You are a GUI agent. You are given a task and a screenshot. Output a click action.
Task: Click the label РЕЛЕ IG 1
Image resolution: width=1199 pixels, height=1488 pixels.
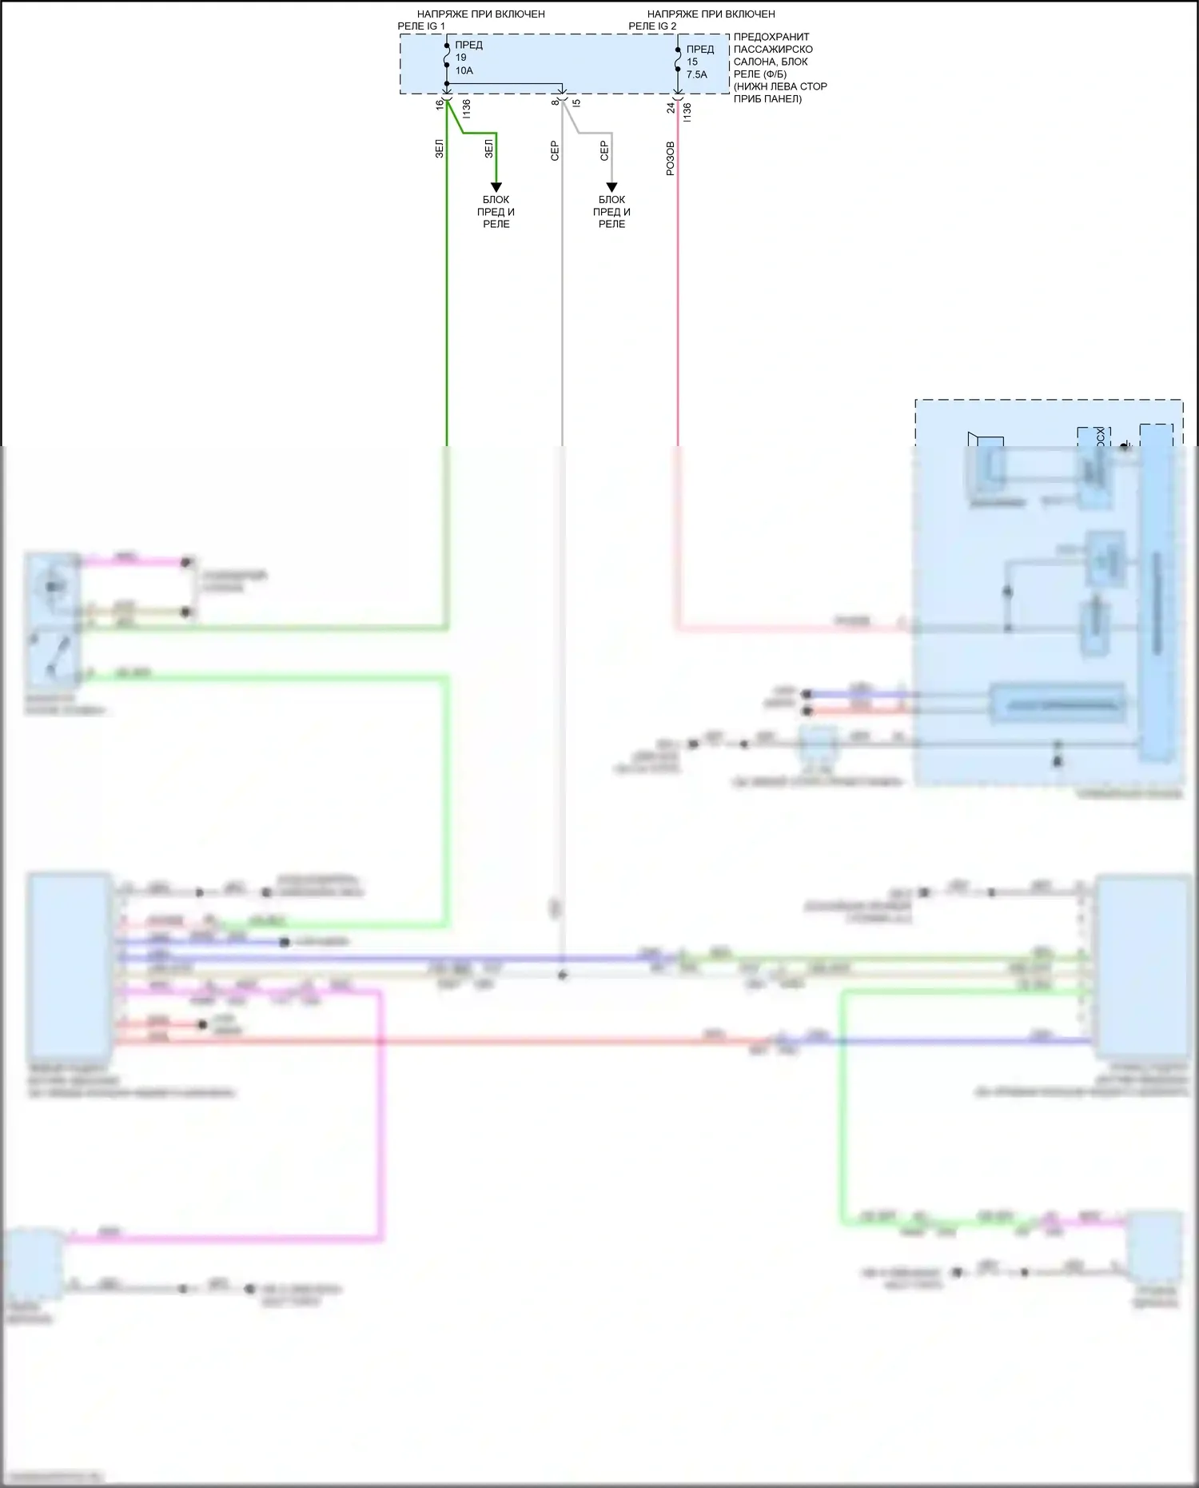[421, 26]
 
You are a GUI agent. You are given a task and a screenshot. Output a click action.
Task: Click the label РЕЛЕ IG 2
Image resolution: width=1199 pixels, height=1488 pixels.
[652, 26]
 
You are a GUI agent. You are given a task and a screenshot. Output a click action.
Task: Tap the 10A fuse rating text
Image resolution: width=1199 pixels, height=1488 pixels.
[464, 70]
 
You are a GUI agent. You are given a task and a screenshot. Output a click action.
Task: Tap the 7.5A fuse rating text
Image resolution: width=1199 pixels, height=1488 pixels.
[696, 74]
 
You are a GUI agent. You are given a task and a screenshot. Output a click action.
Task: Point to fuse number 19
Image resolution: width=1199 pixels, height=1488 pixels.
[461, 58]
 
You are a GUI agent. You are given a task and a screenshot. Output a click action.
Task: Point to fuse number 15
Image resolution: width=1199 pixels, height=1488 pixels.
[692, 62]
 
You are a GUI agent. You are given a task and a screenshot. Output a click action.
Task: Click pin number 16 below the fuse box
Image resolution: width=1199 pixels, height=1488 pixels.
[440, 104]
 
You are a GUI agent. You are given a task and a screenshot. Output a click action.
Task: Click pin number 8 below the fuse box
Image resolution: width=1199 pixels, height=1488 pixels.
[555, 102]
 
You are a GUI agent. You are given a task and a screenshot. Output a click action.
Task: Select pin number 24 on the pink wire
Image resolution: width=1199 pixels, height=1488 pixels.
[671, 107]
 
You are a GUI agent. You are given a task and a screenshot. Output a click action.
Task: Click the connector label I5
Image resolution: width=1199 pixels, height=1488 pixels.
[577, 102]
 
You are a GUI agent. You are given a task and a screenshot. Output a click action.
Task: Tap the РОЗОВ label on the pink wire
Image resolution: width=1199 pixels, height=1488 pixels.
[670, 158]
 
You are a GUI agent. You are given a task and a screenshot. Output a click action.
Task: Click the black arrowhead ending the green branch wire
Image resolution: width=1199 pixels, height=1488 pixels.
[496, 188]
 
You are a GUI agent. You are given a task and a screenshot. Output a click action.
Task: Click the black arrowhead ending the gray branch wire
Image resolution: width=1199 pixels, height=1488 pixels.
[611, 188]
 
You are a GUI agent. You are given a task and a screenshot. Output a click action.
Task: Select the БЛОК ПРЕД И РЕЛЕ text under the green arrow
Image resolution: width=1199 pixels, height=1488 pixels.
[496, 212]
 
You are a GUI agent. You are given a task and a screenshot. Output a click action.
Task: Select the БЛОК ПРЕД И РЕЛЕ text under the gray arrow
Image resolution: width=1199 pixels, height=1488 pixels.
[611, 212]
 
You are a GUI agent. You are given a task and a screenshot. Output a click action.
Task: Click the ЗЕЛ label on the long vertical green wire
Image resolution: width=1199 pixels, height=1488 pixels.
[439, 149]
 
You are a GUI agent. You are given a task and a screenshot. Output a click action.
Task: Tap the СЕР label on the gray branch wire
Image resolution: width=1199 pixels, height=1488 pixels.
[604, 150]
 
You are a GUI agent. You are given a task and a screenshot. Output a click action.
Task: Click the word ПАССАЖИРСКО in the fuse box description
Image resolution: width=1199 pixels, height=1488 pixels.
[773, 50]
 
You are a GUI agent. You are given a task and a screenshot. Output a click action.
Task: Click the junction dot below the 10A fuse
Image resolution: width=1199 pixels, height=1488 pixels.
[447, 84]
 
